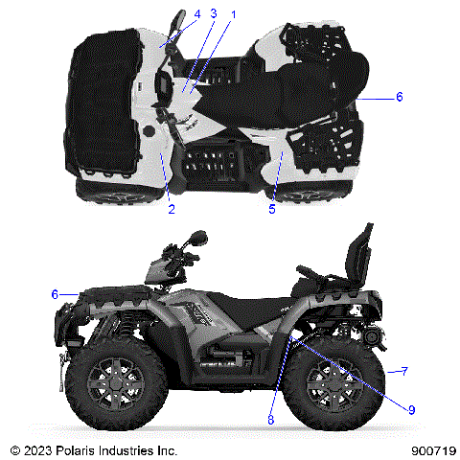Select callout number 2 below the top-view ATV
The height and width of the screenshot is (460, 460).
coord(171,208)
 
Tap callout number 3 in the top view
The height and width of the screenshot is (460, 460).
coord(213,13)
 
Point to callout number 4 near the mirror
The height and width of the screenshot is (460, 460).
coord(196,13)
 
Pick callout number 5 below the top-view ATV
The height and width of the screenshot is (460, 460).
coord(271,208)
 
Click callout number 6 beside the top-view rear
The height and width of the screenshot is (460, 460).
coord(400,98)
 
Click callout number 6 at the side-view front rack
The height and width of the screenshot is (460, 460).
coord(55,294)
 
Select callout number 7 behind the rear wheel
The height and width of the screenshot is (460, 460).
coord(405,370)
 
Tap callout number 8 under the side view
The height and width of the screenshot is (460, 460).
coord(271,419)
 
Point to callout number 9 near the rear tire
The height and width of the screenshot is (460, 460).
coord(411,409)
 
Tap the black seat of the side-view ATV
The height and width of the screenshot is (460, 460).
coord(254,303)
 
